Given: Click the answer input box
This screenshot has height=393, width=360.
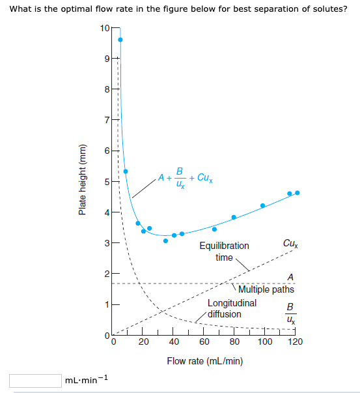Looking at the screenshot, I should point(35,380).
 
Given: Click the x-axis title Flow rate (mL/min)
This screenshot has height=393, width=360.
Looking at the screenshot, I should point(205,360).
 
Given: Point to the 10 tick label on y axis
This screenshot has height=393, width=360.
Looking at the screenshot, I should point(106,28).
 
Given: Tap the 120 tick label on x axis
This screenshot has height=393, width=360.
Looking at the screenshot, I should point(296,342).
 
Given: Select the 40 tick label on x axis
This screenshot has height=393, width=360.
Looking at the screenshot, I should point(174,342).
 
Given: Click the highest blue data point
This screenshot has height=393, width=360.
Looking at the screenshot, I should point(120,40).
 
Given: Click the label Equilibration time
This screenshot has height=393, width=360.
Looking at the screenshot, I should point(224,252).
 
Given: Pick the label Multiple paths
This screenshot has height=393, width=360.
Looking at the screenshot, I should point(266,289).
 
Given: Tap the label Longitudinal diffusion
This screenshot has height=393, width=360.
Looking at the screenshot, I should point(231,308).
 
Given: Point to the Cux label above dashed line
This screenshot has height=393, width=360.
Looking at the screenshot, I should point(291,244).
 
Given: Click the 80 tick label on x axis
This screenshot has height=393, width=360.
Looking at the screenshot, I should point(235,342).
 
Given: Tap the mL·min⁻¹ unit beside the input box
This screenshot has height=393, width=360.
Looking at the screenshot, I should point(87,379).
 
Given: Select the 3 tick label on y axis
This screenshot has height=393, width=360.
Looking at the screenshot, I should point(107,243).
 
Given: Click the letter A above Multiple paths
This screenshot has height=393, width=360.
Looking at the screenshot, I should point(290,276).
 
